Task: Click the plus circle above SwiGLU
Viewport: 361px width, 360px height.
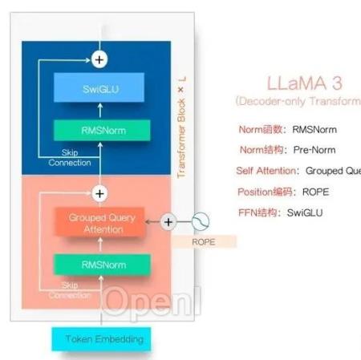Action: (99, 59)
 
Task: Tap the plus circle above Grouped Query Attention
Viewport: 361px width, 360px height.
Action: (99, 193)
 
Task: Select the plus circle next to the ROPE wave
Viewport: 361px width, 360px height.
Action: (168, 222)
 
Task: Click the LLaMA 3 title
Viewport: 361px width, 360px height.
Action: (300, 83)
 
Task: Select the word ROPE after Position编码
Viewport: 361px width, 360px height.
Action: (314, 192)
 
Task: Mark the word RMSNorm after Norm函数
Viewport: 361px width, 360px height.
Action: (315, 129)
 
